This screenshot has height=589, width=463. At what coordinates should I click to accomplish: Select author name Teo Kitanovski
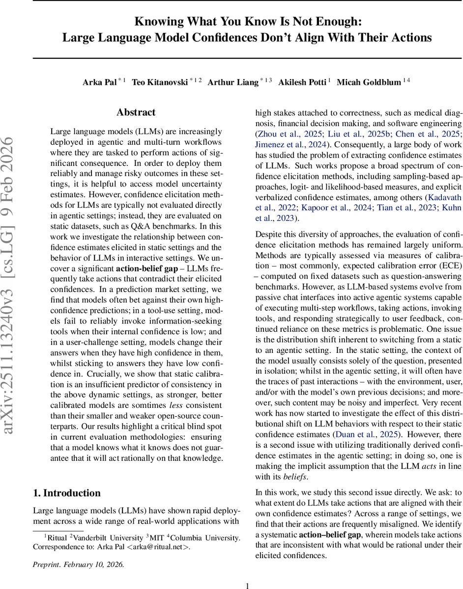pyautogui.click(x=160, y=82)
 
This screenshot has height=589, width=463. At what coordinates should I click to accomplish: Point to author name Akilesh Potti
pyautogui.click(x=302, y=82)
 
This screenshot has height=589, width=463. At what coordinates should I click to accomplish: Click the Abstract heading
pyautogui.click(x=136, y=112)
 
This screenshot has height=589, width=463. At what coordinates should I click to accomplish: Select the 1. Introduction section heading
pyautogui.click(x=66, y=493)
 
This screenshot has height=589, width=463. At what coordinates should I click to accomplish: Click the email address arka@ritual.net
pyautogui.click(x=161, y=533)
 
